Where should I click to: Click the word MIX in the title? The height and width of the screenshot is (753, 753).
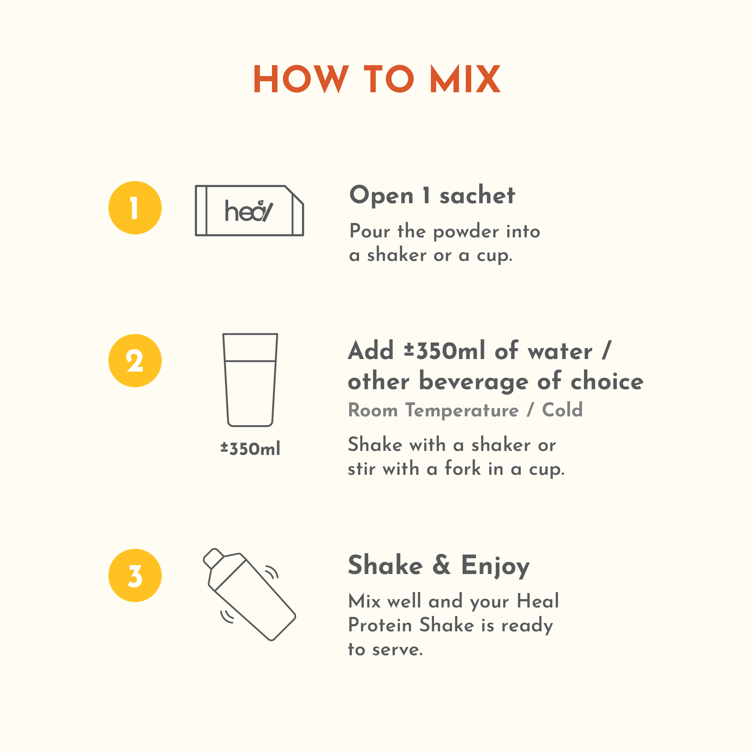click(x=465, y=79)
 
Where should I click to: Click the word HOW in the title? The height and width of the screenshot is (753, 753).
click(x=301, y=79)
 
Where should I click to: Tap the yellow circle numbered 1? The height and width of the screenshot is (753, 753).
click(x=135, y=208)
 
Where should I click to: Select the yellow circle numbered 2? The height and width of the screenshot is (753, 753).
click(x=135, y=361)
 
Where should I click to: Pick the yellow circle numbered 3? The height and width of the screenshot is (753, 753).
click(x=135, y=575)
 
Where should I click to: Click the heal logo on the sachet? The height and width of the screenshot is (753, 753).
click(x=249, y=211)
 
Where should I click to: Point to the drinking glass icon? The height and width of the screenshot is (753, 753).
click(x=250, y=380)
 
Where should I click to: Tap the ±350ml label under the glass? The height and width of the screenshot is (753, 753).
click(x=250, y=449)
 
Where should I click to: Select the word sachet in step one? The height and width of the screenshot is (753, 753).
click(x=477, y=195)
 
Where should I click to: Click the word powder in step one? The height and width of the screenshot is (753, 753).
click(x=466, y=232)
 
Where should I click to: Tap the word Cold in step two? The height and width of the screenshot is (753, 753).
click(x=562, y=410)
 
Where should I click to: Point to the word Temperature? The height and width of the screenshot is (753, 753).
click(x=462, y=410)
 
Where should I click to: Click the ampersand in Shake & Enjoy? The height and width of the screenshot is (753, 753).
click(x=442, y=565)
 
